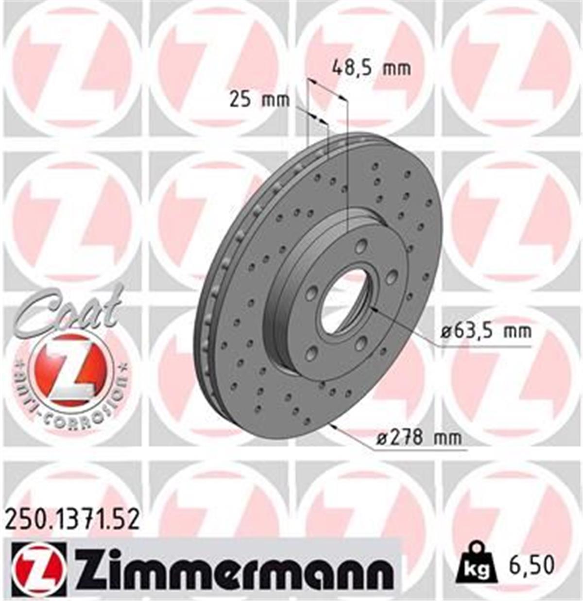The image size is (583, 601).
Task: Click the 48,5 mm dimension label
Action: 371,68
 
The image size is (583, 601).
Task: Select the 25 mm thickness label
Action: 259,100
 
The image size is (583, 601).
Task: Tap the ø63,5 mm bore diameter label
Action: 486,332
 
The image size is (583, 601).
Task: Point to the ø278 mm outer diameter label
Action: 419,438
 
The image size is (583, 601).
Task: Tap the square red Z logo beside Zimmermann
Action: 38,568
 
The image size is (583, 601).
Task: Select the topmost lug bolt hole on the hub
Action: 360,247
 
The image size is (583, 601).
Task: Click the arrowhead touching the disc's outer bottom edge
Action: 332,427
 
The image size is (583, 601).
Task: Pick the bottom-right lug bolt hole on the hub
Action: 360,343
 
